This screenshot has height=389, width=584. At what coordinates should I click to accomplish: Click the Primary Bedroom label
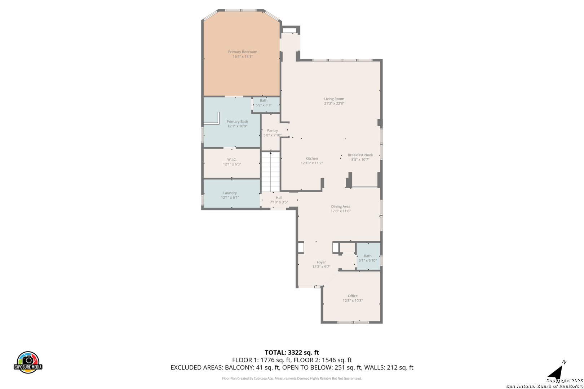pos(243,52)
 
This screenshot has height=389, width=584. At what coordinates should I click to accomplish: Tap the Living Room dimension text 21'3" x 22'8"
pos(334,103)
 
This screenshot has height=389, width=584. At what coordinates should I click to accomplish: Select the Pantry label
pos(273,130)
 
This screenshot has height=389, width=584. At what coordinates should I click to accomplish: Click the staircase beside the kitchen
pos(271,172)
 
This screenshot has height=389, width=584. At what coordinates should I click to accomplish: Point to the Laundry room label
pos(230,193)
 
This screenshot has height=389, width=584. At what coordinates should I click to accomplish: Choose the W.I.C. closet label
pos(232,160)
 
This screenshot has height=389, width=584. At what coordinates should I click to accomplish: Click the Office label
pos(353,296)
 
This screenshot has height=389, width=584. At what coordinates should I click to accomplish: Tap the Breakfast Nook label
pos(360,155)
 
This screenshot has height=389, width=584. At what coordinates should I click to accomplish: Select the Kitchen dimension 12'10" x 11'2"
pos(312,163)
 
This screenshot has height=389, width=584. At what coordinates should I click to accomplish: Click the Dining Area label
pos(341,207)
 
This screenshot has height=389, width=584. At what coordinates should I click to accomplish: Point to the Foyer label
pos(321,262)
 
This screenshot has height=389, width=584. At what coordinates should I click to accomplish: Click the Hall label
pos(279,197)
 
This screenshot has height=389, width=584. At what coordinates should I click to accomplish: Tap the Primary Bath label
pos(237,122)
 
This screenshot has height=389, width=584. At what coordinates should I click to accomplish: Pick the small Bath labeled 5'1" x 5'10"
pos(368,256)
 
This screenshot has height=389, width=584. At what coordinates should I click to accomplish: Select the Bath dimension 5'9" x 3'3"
pos(264,105)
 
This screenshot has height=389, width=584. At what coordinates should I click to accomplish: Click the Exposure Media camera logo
pos(28,362)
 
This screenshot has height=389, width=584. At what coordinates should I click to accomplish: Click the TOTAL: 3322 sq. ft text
pos(292,353)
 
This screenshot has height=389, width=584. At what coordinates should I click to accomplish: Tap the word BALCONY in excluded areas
pos(239,368)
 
